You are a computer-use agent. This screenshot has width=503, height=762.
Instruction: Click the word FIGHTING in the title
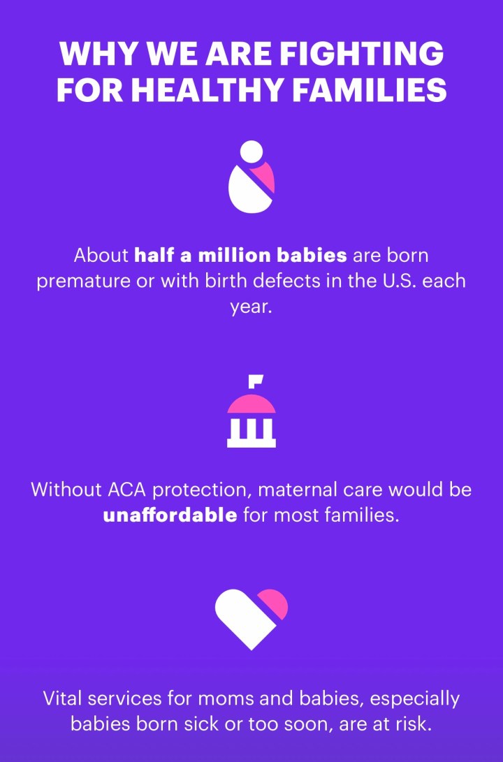[362, 54]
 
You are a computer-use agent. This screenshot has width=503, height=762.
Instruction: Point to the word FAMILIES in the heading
[370, 90]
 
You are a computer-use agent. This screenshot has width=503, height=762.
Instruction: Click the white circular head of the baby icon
[251, 152]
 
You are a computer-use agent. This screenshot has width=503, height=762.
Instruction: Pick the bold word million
[234, 255]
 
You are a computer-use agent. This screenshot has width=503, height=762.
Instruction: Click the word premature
[84, 281]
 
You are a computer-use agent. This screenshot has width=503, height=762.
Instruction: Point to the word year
[251, 307]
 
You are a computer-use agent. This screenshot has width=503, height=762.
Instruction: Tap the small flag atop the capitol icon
[256, 381]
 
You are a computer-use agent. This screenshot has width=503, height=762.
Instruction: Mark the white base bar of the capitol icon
[251, 443]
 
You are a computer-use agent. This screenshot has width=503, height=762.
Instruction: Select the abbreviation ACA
[126, 490]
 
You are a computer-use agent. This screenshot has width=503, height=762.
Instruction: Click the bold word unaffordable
[170, 515]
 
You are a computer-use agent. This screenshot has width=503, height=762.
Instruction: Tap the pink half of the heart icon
[274, 603]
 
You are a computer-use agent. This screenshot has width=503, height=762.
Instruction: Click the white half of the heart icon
[245, 619]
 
